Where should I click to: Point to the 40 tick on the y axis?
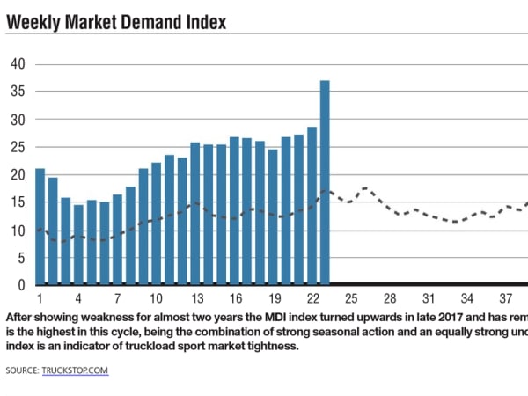pyautogui.click(x=18, y=63)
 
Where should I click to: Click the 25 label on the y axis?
pyautogui.click(x=18, y=146)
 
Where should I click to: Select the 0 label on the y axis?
pyautogui.click(x=22, y=285)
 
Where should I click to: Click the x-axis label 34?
pyautogui.click(x=466, y=297)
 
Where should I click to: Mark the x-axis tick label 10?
pyautogui.click(x=156, y=297)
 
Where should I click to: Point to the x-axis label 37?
pyautogui.click(x=505, y=297)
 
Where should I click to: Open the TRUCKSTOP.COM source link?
pyautogui.click(x=75, y=371)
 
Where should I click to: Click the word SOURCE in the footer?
pyautogui.click(x=21, y=371)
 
